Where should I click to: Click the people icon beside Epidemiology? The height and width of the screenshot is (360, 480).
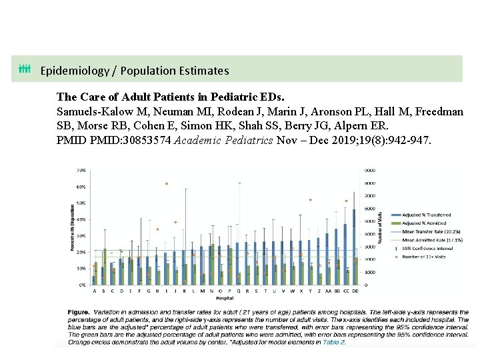25,69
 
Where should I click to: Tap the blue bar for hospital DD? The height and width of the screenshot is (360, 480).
354,247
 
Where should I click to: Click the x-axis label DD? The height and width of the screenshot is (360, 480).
355,291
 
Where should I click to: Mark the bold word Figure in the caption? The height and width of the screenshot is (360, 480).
79,312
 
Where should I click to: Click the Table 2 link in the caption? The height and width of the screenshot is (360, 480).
334,342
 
